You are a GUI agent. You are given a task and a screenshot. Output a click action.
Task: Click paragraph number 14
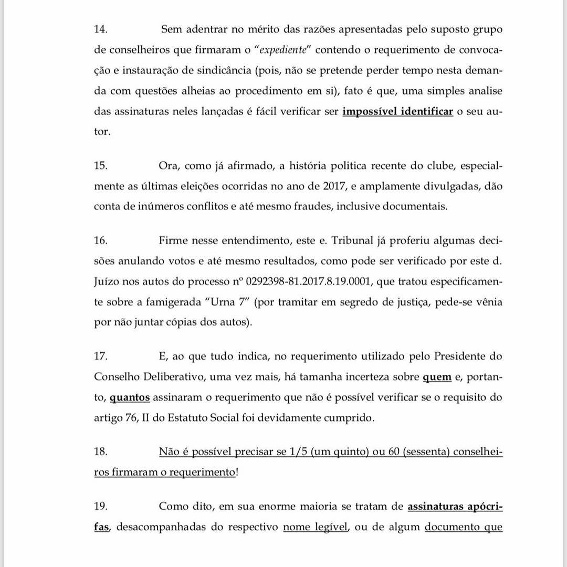(100, 30)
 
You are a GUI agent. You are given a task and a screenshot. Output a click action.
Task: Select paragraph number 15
(100, 166)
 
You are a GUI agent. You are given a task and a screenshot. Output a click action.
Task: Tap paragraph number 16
(100, 241)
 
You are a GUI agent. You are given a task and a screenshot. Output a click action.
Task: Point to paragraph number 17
(100, 356)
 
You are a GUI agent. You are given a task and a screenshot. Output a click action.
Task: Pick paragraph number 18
(100, 451)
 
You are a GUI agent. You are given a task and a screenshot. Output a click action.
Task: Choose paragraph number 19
(100, 507)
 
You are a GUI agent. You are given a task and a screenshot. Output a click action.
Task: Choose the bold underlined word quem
(437, 377)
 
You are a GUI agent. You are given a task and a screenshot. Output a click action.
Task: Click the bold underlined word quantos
(130, 397)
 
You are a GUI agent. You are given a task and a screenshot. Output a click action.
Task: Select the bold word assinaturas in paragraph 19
(442, 507)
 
